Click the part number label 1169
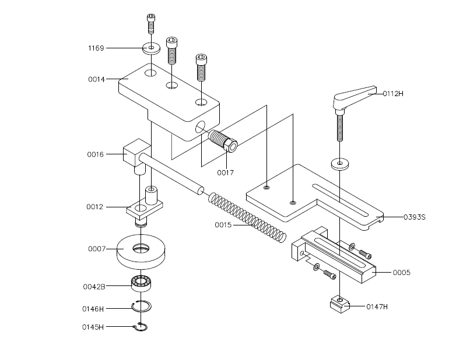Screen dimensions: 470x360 96,48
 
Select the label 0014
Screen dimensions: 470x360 97,79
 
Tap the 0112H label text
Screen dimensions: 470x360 393,94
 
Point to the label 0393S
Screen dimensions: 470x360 415,217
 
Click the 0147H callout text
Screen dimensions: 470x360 377,306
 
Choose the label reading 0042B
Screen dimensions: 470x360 94,287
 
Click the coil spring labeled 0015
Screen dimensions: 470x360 247,218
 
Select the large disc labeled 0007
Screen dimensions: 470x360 141,252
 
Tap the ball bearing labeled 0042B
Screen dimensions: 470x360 141,283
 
